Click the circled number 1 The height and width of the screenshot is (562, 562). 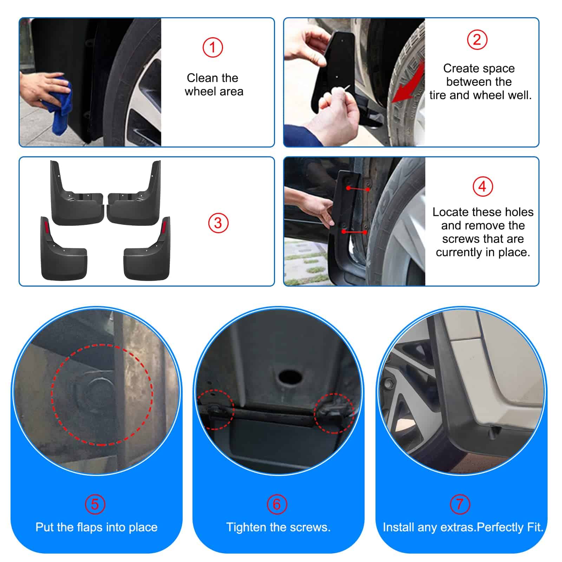pos(213,47)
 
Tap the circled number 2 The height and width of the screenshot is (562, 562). pos(477,39)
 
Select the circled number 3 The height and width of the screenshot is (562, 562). pos(218,223)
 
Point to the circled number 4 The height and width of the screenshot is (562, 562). pos(483,187)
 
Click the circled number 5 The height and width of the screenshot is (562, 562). pos(95,504)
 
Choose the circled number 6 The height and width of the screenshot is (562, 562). pos(277,504)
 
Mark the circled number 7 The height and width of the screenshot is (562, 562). pos(460,504)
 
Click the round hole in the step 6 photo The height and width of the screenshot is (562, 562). pos(290,377)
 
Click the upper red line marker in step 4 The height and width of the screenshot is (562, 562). pos(358,189)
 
